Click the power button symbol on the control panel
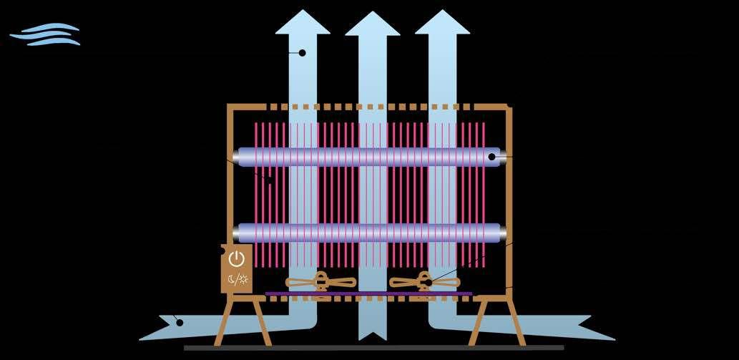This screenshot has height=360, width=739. tap(236, 259)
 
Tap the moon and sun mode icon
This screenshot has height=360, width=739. tap(236, 278)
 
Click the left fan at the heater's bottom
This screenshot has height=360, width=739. tap(320, 282)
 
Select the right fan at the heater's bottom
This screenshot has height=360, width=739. tap(424, 282)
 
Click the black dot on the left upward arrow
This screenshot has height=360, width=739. tap(302, 53)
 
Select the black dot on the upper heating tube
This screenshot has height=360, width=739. tap(492, 157)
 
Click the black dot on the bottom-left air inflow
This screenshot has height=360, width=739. tap(180, 323)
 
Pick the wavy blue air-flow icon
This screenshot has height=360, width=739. tap(45, 34)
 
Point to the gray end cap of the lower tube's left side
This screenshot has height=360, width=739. tap(236, 233)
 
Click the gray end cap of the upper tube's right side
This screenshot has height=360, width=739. tap(504, 157)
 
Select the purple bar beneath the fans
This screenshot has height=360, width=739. tap(368, 293)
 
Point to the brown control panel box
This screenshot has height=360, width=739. tap(237, 268)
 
